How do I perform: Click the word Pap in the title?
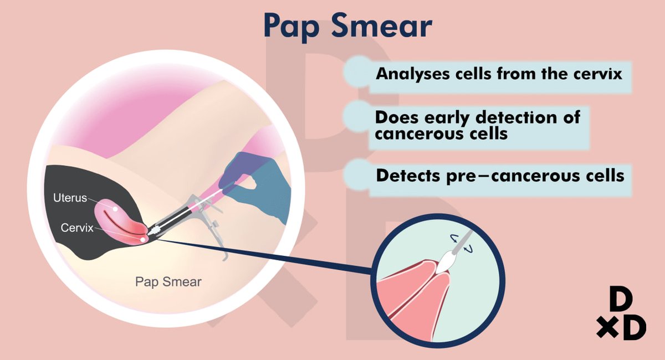coord(291,27)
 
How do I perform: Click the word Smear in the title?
coord(382,25)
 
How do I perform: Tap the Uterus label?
coord(70,198)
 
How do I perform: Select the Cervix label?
coord(77,228)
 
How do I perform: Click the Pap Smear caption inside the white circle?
coord(168,282)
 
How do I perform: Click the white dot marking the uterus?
coord(115,209)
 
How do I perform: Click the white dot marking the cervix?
coord(143,239)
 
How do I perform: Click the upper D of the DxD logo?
coord(621,299)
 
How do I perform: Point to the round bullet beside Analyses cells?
coord(359,71)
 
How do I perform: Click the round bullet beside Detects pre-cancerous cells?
coord(359,174)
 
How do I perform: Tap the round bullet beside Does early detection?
coord(358,116)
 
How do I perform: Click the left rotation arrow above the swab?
coord(454,238)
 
